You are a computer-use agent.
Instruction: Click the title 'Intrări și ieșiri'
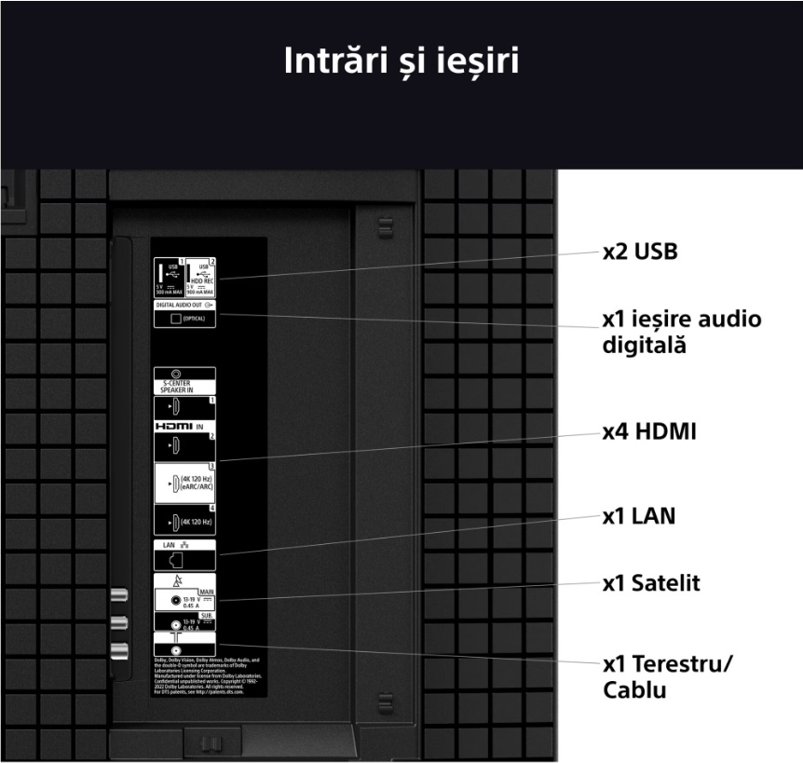tap(401, 61)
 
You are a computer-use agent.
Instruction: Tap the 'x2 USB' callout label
tap(639, 252)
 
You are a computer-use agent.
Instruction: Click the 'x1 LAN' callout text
tap(638, 516)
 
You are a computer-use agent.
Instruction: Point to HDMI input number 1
tap(176, 408)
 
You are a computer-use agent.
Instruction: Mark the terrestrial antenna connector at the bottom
tap(175, 647)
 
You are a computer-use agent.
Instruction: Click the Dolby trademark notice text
tap(208, 676)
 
